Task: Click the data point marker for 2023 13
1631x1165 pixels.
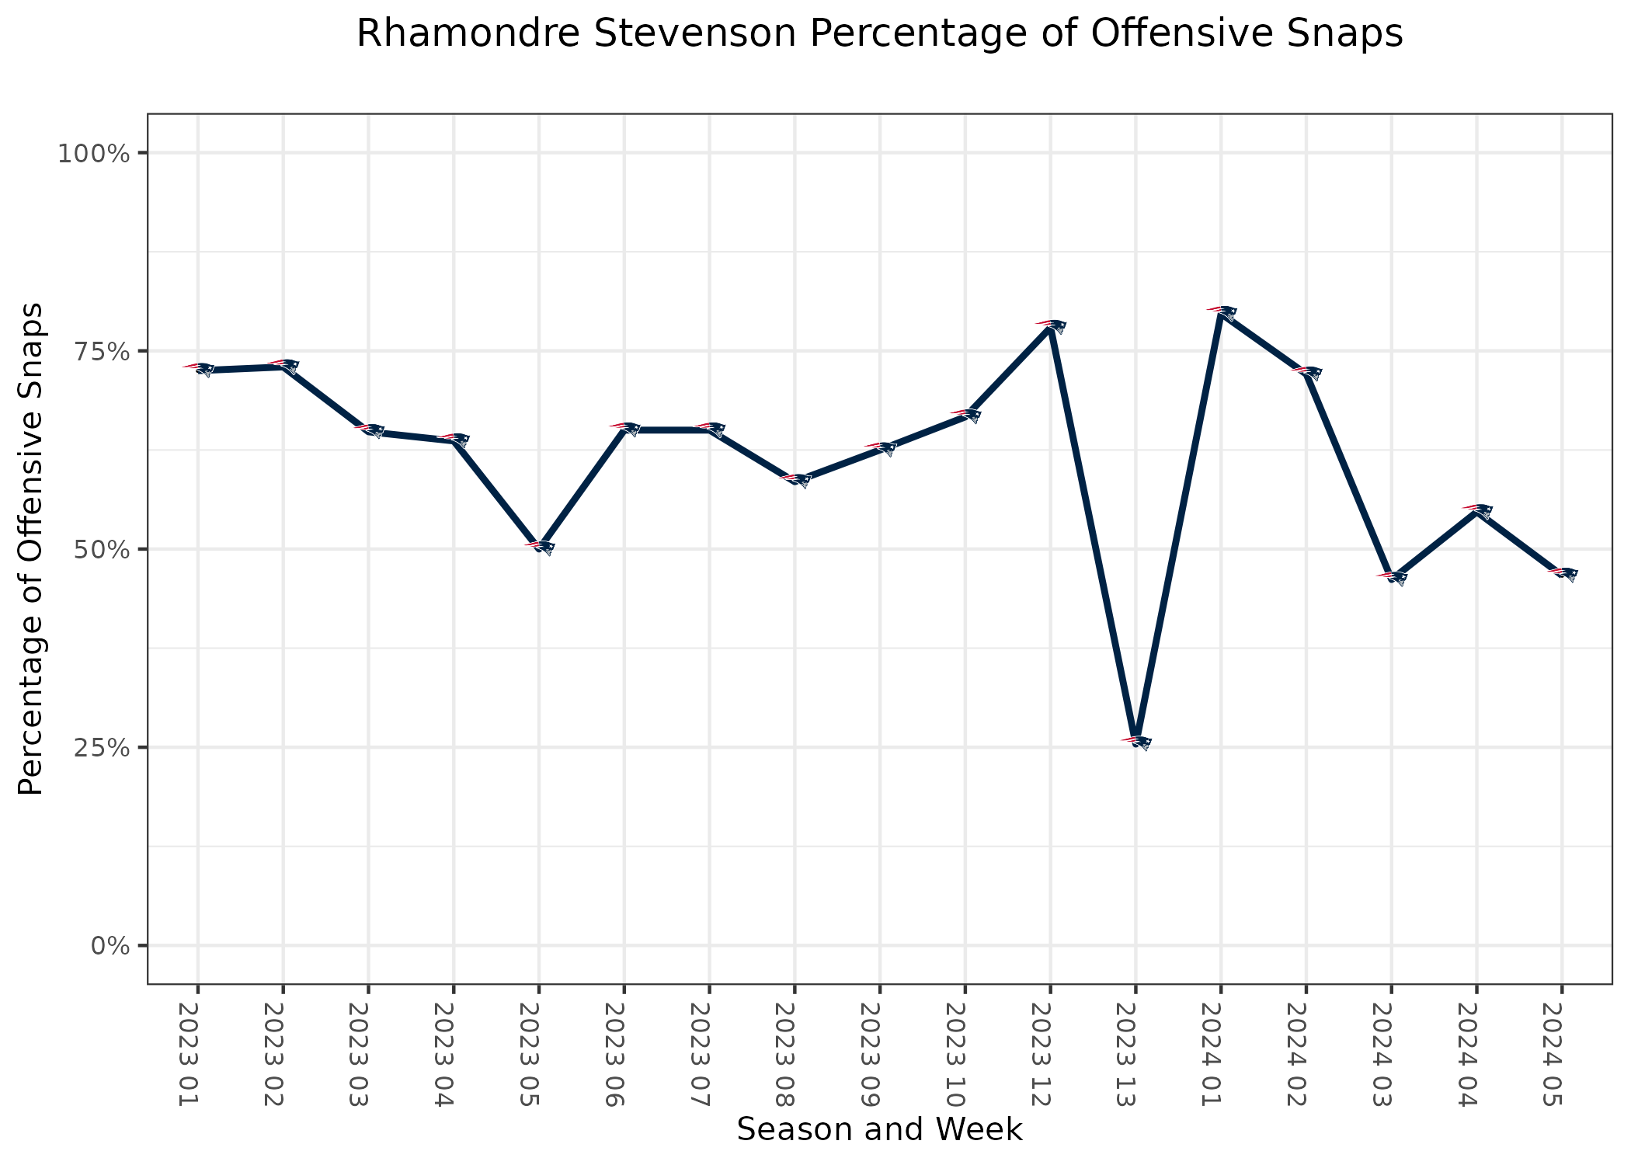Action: [1135, 742]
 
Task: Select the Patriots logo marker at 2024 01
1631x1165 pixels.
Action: [1221, 312]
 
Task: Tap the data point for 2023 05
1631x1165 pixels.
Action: [539, 547]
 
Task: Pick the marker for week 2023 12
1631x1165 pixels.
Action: [1050, 325]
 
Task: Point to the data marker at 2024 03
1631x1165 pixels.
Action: [1391, 577]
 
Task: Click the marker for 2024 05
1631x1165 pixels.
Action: [1562, 573]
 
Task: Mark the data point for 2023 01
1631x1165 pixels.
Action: [198, 369]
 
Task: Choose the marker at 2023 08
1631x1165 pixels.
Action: [795, 479]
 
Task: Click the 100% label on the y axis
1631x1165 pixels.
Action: [93, 153]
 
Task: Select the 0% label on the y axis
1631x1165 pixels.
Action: [109, 946]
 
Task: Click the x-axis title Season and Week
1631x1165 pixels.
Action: [879, 1130]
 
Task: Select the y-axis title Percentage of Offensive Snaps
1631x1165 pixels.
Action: [31, 548]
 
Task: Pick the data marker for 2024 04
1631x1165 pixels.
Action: [1476, 511]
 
